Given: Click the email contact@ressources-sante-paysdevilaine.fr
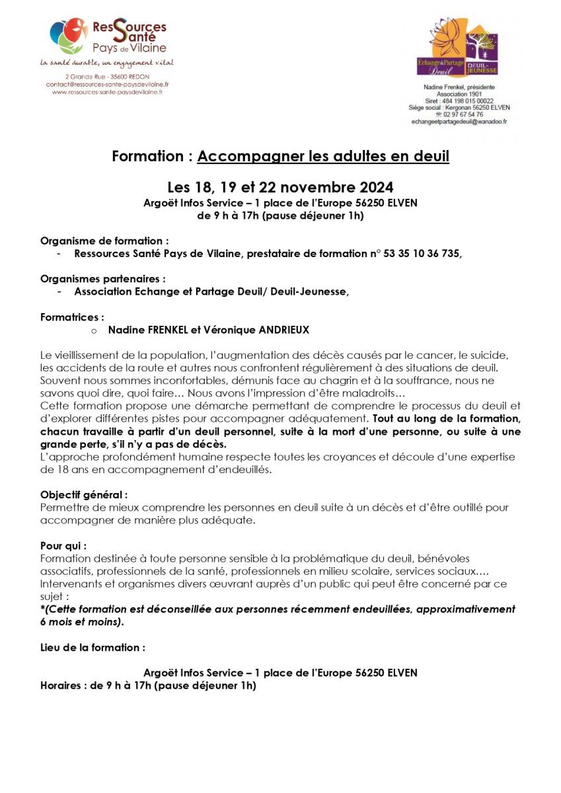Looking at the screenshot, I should [x=107, y=85].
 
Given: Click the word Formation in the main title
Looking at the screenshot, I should [x=147, y=157].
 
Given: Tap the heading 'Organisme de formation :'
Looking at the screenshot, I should [x=104, y=241].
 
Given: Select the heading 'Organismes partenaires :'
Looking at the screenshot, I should [x=103, y=278].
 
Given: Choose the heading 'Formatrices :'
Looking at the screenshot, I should [x=72, y=317].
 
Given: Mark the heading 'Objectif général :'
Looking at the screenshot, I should [x=84, y=494].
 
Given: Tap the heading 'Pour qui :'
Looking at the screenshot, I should [x=63, y=546].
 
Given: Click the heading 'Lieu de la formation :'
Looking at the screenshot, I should [x=93, y=647].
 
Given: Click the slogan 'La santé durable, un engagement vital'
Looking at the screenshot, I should [x=107, y=63].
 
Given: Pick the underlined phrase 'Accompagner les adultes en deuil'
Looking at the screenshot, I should [x=323, y=157].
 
